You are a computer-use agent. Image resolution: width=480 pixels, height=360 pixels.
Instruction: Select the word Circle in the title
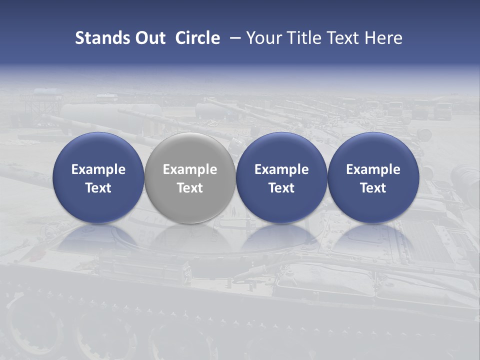click(x=197, y=38)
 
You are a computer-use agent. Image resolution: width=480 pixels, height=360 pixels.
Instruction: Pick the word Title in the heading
click(x=308, y=38)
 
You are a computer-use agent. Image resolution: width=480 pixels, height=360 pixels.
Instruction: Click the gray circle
click(x=190, y=177)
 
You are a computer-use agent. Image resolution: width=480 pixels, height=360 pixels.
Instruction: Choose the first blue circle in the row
click(x=98, y=177)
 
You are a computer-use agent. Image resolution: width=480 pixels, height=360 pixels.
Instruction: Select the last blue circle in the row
click(x=373, y=177)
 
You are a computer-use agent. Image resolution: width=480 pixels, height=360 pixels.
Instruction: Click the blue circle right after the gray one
click(x=281, y=177)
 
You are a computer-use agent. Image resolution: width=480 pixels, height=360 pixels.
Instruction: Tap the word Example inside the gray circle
click(x=190, y=169)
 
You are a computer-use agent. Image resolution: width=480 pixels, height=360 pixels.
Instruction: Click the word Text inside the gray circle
click(x=190, y=188)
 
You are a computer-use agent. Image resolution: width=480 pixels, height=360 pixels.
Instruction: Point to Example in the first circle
click(x=98, y=169)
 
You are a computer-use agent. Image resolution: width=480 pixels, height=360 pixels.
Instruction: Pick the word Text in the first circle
click(x=98, y=188)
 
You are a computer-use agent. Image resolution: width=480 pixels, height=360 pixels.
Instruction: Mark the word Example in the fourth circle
click(x=373, y=169)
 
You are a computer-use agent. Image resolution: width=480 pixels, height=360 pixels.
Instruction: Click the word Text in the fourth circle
click(x=373, y=188)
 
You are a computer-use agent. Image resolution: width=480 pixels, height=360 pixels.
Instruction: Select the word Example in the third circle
click(x=281, y=169)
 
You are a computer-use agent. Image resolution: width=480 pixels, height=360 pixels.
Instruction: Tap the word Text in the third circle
click(x=281, y=188)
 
